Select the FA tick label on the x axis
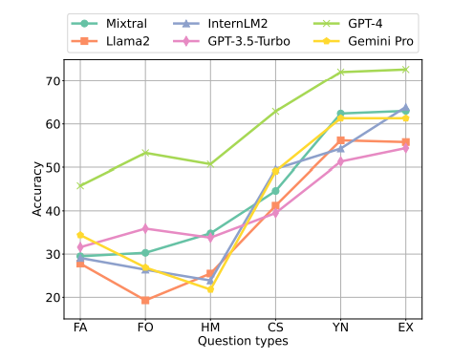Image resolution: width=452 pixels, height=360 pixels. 80,327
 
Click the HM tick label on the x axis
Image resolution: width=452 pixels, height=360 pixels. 210,327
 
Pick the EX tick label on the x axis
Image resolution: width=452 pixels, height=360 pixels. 405,327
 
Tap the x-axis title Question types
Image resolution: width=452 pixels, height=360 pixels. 243,340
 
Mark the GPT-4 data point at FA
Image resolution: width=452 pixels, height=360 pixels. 80,185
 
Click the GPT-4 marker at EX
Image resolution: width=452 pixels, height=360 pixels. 405,69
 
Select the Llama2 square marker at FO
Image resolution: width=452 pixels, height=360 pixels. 145,300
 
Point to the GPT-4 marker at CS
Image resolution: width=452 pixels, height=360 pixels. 275,111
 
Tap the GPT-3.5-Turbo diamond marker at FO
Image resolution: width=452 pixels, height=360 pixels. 145,228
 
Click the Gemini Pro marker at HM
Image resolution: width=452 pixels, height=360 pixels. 210,289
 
